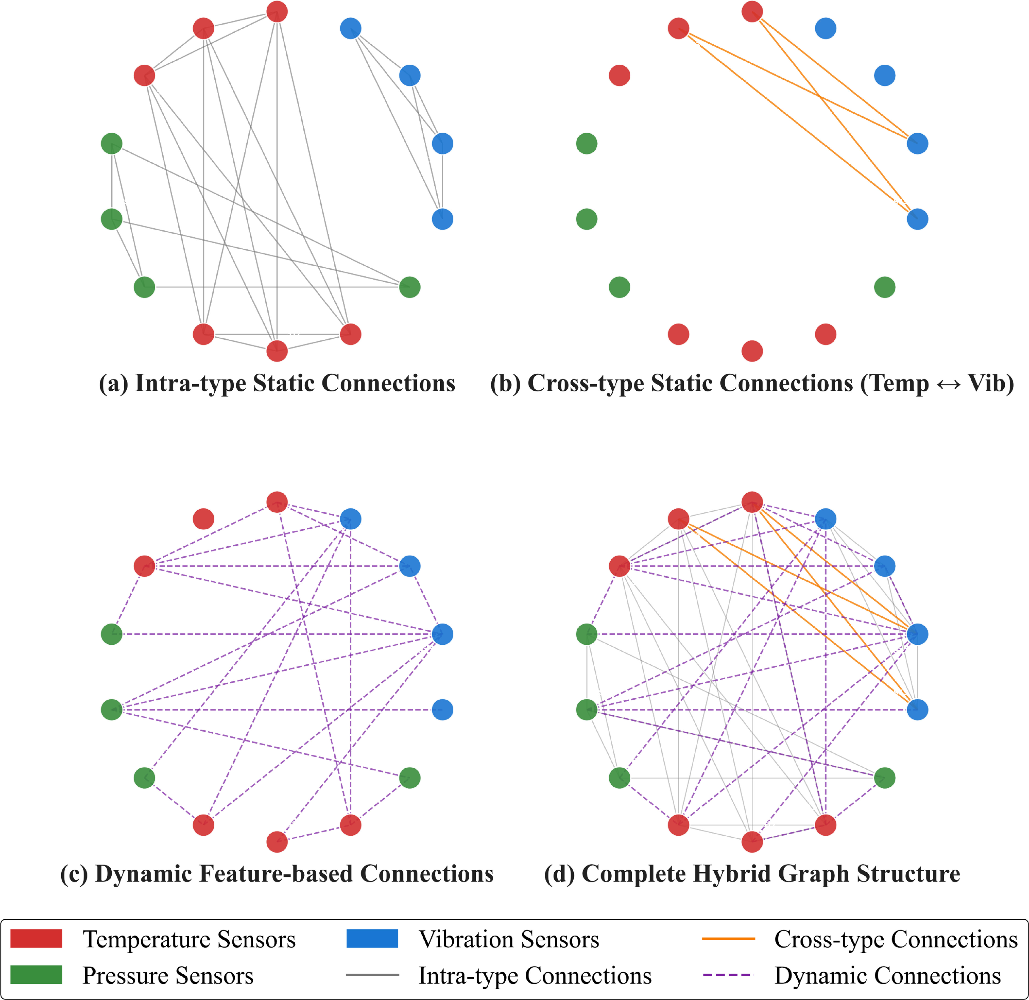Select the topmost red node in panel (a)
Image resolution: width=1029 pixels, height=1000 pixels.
277,11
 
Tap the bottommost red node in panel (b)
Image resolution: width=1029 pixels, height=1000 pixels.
752,351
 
